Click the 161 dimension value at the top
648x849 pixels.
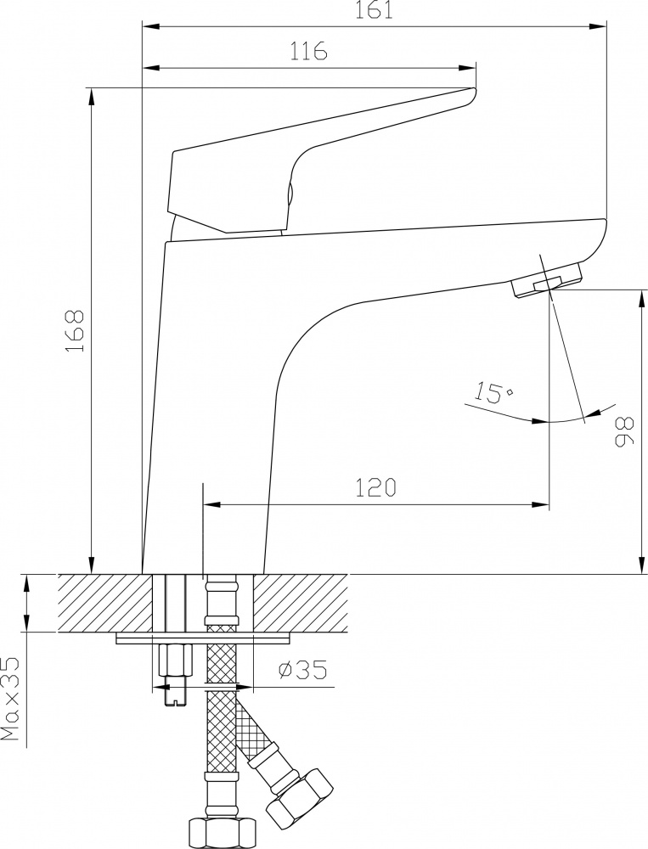pos(374,9)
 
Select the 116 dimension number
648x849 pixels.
pos(308,50)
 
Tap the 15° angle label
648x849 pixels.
pos(494,392)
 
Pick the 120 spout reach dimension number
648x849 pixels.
pos(376,487)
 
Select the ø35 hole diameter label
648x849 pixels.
pos(302,671)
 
